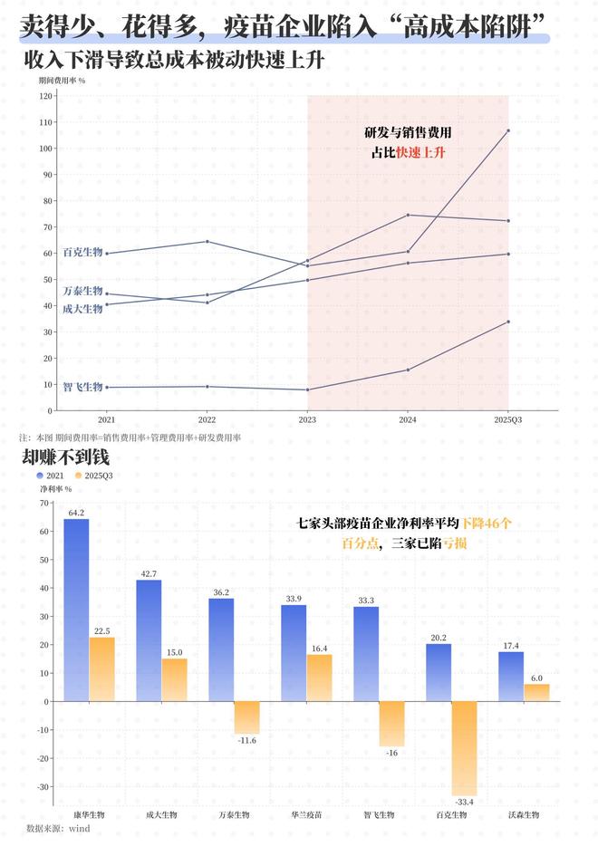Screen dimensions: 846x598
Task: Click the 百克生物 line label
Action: coord(82,252)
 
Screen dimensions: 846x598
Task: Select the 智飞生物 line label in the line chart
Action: coord(82,387)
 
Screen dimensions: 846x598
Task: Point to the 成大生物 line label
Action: coord(82,309)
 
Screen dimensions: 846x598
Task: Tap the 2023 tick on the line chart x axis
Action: coord(307,420)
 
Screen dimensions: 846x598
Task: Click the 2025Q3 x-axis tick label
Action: coord(507,420)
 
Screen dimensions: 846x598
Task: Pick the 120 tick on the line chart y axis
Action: coord(46,96)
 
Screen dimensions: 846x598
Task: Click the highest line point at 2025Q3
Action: coord(508,130)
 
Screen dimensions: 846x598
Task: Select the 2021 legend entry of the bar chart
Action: coord(51,475)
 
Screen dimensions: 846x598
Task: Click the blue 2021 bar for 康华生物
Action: coord(76,610)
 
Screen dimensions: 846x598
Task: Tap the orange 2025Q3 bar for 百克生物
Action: coord(464,748)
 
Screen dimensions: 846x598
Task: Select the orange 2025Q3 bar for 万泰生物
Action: coord(246,717)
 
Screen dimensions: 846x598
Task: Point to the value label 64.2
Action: coord(76,513)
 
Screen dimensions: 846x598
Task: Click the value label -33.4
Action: coord(464,802)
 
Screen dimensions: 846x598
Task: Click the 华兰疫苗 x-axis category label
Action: coord(306,814)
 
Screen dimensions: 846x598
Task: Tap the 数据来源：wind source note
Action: coord(58,828)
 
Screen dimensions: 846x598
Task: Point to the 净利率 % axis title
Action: coord(55,489)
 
